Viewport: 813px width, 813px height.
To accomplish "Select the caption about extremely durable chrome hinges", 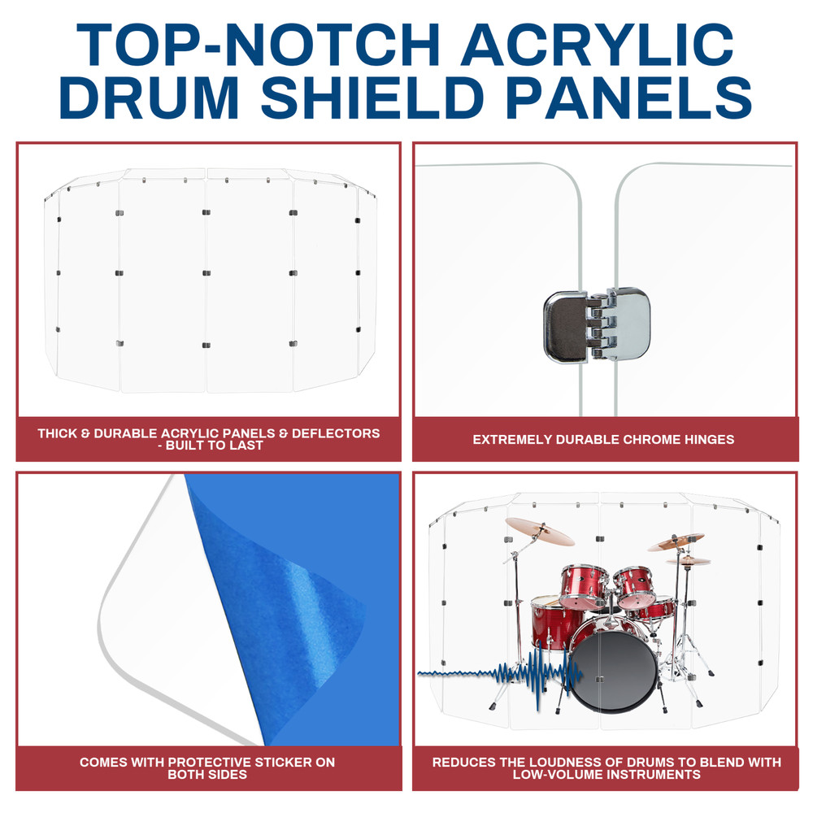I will (603, 440).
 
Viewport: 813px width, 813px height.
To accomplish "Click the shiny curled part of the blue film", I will (317, 593).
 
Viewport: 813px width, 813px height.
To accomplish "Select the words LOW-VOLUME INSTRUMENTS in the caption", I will (606, 775).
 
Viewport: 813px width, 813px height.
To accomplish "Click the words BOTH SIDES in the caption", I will (208, 775).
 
